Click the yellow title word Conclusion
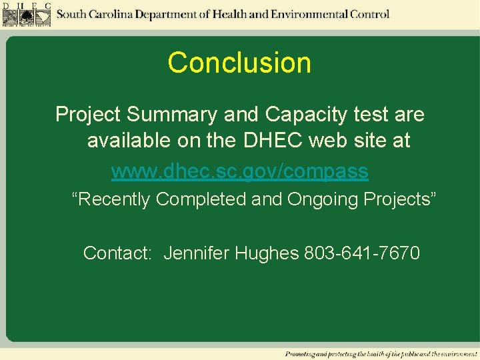tap(239, 63)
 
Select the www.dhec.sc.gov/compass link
tap(239, 171)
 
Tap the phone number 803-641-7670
tap(362, 253)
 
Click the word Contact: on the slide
tap(119, 253)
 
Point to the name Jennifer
tap(197, 253)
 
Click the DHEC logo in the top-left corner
tap(27, 14)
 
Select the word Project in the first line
tap(88, 115)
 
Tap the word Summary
tap(172, 115)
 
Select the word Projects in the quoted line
tap(403, 199)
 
